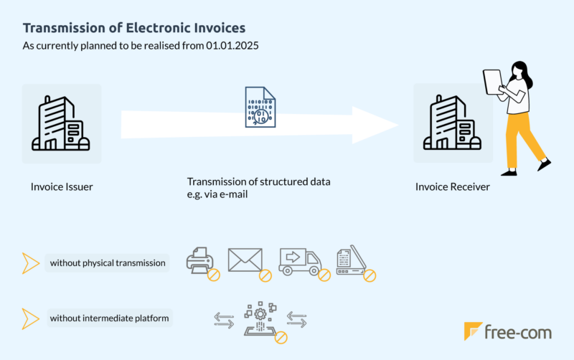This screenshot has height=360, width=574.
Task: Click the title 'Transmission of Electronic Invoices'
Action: tap(134, 28)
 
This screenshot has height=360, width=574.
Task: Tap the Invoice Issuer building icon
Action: tap(61, 123)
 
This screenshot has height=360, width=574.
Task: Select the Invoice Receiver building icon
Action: tap(453, 123)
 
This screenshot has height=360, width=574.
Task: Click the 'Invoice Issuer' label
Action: tap(62, 187)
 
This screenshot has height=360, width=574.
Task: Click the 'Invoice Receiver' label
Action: tap(453, 187)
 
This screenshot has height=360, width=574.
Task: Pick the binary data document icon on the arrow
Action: tap(259, 108)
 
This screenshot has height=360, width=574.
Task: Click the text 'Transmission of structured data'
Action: tap(258, 181)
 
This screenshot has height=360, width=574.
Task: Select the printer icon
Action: tap(200, 261)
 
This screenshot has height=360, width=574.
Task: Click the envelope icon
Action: tap(245, 260)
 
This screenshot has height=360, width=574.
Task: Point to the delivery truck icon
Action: tap(299, 262)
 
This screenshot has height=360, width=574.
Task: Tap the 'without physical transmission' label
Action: tap(108, 263)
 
